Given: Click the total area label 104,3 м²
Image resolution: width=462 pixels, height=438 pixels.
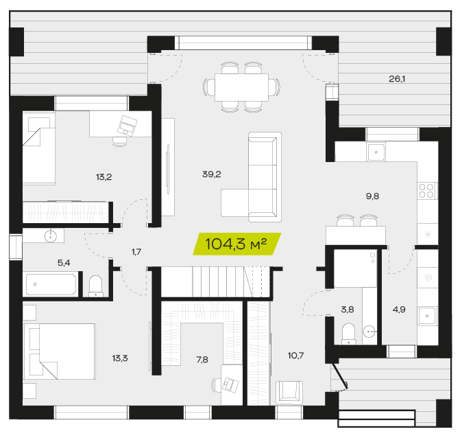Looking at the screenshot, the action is coord(236,244).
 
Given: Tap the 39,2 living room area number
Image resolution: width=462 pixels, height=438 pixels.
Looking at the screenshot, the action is coord(212,174).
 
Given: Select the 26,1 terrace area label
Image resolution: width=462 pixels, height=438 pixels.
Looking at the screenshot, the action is coord(397,79).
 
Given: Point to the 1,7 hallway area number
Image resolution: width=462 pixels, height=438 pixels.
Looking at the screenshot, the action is coord(136,252).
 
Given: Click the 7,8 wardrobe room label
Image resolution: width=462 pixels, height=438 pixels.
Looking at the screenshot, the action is coord(202,360).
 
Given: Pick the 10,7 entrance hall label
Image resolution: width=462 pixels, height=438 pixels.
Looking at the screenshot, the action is coord(295,356).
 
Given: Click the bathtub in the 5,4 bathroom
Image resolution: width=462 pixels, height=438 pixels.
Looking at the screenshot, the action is coord(51,284).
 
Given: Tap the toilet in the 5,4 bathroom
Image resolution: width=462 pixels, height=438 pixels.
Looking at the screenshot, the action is coord(96,286).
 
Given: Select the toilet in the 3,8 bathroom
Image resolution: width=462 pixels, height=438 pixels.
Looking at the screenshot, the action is coord(349,334).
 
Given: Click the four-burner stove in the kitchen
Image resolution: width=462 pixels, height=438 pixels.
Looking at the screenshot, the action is coord(426,191).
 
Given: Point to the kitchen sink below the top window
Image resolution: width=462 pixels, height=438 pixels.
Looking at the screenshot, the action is coord(376,152).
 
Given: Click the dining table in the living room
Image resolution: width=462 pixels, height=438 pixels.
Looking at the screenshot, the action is coord(241,87).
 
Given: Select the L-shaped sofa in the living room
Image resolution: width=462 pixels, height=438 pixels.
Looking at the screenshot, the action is coord(252,177).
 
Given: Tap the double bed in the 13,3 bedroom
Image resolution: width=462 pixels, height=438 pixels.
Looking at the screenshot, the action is coord(60,351).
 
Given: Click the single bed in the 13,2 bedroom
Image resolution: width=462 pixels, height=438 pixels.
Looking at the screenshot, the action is coord(39,148).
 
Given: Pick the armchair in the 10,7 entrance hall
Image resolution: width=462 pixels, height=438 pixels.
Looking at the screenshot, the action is coord(289,392).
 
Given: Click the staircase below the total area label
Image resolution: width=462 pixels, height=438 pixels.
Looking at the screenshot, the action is coord(216,282).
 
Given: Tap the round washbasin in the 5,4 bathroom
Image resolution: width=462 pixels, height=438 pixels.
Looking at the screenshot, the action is coord(51,236).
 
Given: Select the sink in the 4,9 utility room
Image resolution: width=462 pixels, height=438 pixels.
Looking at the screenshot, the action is coord(427,316).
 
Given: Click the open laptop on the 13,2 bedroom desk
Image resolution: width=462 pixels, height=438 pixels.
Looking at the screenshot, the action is coord(127,126).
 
